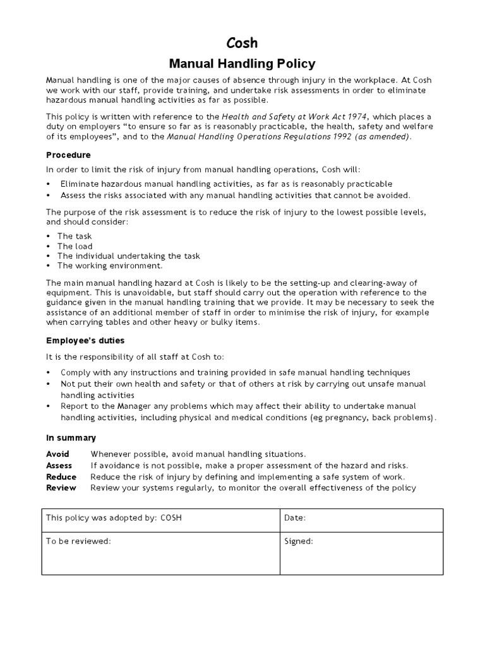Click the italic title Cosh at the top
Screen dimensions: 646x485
[242, 43]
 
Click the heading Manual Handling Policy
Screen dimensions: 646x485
[242, 64]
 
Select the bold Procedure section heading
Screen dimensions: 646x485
[68, 155]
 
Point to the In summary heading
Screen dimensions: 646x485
[71, 438]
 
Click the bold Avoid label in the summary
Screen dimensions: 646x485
[57, 454]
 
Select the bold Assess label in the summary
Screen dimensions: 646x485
[59, 466]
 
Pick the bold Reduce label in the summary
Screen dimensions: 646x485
[61, 477]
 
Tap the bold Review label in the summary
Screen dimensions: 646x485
[61, 488]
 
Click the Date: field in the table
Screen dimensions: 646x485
[296, 518]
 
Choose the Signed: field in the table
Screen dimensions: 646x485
[299, 541]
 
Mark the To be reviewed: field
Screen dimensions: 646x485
[78, 541]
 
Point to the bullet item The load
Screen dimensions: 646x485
[75, 246]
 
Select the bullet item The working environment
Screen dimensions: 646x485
[110, 266]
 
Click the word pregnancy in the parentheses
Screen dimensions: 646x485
[322, 418]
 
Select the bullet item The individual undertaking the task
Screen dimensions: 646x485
[128, 255]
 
